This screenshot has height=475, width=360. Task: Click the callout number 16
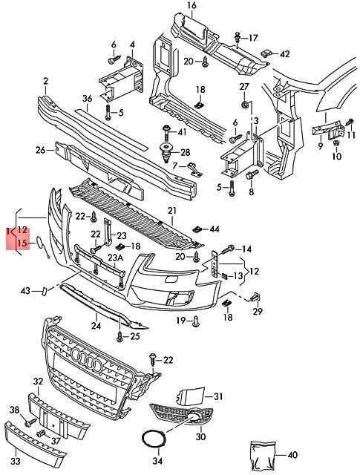(192, 5)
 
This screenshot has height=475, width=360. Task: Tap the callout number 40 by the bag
(292, 454)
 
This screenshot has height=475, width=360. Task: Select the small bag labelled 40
(263, 453)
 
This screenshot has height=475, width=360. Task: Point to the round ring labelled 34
(154, 442)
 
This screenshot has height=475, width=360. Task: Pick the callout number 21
(172, 211)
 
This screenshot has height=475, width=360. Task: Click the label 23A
(115, 258)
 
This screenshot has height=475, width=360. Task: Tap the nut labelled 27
(244, 105)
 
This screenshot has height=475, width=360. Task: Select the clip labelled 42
(266, 53)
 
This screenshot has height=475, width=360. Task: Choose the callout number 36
(87, 99)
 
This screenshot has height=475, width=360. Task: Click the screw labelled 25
(120, 337)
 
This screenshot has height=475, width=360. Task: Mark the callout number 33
(16, 461)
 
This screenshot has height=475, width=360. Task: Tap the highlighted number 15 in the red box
(22, 243)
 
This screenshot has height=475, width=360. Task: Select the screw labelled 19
(196, 321)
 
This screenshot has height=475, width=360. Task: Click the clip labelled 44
(197, 229)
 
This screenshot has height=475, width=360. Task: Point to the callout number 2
(45, 81)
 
